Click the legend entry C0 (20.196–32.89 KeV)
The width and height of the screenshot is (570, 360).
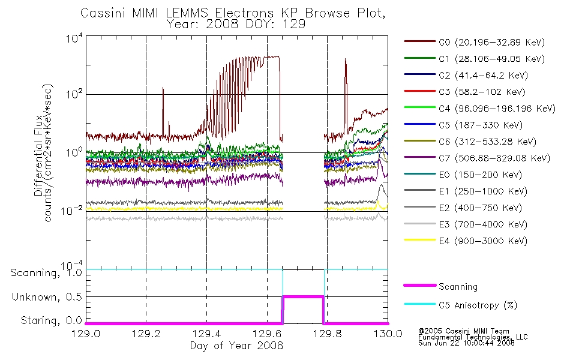pyautogui.click(x=474, y=42)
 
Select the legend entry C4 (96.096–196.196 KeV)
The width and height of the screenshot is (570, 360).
pyautogui.click(x=479, y=109)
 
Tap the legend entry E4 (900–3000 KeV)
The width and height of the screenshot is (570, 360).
pyautogui.click(x=466, y=241)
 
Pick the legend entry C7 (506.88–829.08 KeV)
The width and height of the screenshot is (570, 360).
pyautogui.click(x=477, y=158)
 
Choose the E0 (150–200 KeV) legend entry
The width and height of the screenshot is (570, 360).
pyautogui.click(x=463, y=175)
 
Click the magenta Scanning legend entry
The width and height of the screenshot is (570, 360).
pyautogui.click(x=440, y=286)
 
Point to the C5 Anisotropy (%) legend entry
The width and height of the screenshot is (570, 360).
pyautogui.click(x=460, y=305)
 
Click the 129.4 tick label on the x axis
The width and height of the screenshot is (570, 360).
pyautogui.click(x=207, y=334)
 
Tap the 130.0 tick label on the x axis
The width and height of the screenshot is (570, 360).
pyautogui.click(x=388, y=334)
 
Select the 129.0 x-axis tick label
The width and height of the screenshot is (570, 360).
pyautogui.click(x=86, y=334)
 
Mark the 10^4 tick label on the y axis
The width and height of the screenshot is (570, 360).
pyautogui.click(x=74, y=38)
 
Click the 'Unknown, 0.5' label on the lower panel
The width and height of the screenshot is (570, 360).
pyautogui.click(x=47, y=297)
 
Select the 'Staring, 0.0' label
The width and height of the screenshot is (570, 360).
pyautogui.click(x=51, y=320)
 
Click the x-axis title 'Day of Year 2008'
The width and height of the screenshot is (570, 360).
pyautogui.click(x=236, y=346)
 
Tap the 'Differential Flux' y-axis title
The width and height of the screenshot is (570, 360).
pyautogui.click(x=38, y=155)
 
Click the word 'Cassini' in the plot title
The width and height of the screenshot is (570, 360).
pyautogui.click(x=103, y=13)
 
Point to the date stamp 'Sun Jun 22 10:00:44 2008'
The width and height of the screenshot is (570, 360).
pyautogui.click(x=466, y=343)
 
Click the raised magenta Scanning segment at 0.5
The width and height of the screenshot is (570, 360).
pyautogui.click(x=303, y=297)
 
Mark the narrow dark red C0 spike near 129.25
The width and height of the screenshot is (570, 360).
pyautogui.click(x=163, y=111)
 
